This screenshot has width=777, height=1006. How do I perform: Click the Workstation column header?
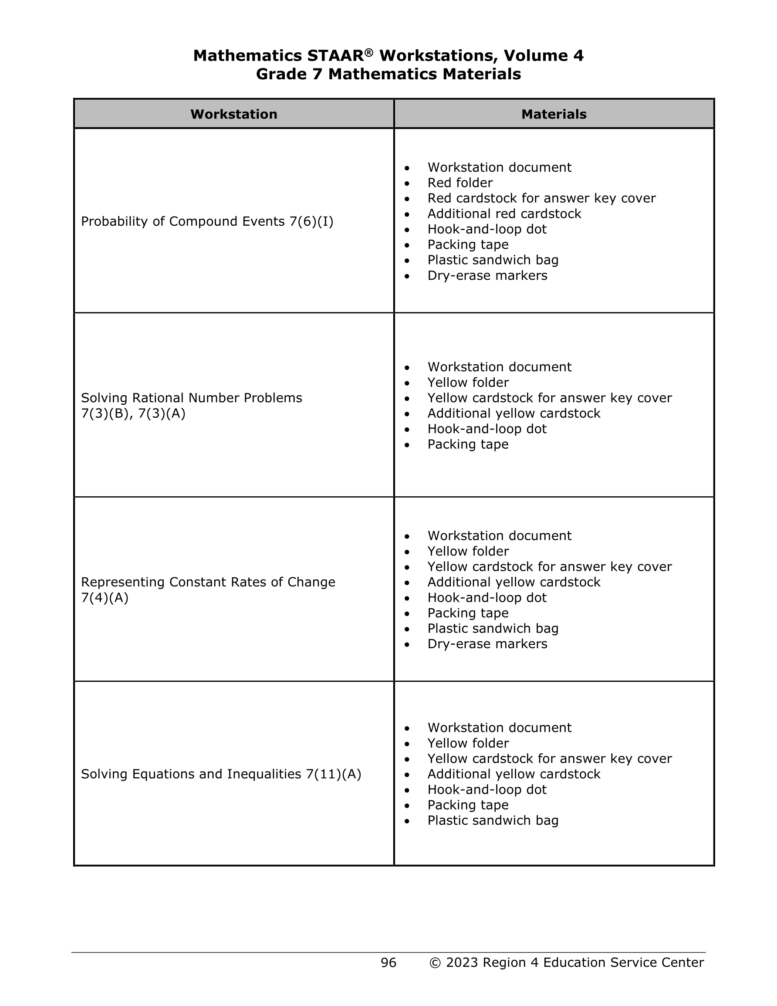pyautogui.click(x=233, y=114)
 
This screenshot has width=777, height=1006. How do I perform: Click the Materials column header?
pyautogui.click(x=554, y=114)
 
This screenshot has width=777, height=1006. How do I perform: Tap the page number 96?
pyautogui.click(x=388, y=962)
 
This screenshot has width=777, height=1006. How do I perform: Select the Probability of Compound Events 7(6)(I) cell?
pyautogui.click(x=207, y=222)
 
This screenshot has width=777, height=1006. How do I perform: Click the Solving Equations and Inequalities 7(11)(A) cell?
pyautogui.click(x=221, y=774)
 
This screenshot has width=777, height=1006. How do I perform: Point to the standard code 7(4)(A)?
pyautogui.click(x=105, y=598)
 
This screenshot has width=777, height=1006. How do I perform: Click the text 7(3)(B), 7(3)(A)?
pyautogui.click(x=133, y=413)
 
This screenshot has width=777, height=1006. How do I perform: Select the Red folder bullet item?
pyautogui.click(x=459, y=183)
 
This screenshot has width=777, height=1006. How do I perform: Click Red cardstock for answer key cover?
pyautogui.click(x=541, y=198)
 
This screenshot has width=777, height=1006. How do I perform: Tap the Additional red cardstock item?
pyautogui.click(x=504, y=214)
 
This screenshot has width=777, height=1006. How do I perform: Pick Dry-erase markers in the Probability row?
pyautogui.click(x=487, y=275)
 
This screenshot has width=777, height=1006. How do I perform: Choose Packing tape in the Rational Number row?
pyautogui.click(x=468, y=444)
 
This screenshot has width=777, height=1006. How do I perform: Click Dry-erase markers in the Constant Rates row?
pyautogui.click(x=487, y=644)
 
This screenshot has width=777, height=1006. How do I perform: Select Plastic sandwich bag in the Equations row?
pyautogui.click(x=493, y=820)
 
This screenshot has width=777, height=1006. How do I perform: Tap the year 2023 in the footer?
pyautogui.click(x=462, y=962)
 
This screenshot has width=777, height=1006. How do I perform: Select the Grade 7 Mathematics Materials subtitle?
pyautogui.click(x=388, y=74)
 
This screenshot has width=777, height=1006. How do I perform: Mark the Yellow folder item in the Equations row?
pyautogui.click(x=468, y=743)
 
